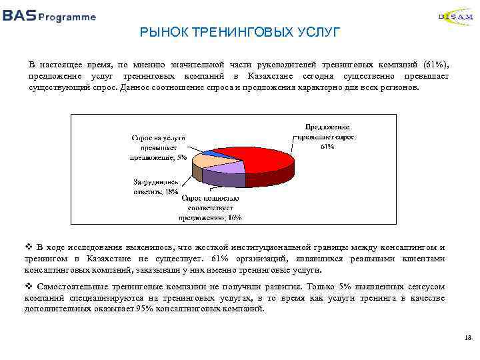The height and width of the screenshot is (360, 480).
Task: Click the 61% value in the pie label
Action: (327, 146)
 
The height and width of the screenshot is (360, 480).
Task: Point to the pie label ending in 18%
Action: (155, 187)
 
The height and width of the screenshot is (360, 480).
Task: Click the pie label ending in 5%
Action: (158, 148)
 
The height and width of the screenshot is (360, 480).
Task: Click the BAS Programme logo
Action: (49, 16)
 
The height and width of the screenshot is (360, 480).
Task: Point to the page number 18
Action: (467, 339)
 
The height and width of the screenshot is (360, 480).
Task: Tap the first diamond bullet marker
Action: (29, 247)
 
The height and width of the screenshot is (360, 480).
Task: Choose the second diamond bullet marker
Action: (29, 286)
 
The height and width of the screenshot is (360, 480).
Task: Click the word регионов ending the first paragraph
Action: (399, 87)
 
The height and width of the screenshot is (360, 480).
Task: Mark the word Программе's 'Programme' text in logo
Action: (67, 17)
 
